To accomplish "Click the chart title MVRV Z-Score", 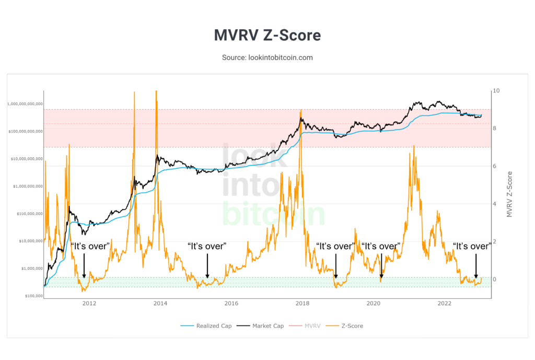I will click(267, 36).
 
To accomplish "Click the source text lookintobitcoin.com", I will click(267, 57).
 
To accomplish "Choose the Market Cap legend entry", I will click(264, 326).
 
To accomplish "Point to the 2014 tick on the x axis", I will click(160, 303).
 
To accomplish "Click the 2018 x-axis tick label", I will click(302, 303).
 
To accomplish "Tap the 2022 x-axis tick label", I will click(444, 303).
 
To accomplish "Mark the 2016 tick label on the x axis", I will click(231, 303).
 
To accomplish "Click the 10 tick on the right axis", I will click(497, 91).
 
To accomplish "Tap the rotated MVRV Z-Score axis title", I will click(510, 194).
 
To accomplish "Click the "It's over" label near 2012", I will click(90, 246).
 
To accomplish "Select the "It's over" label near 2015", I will click(207, 246).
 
